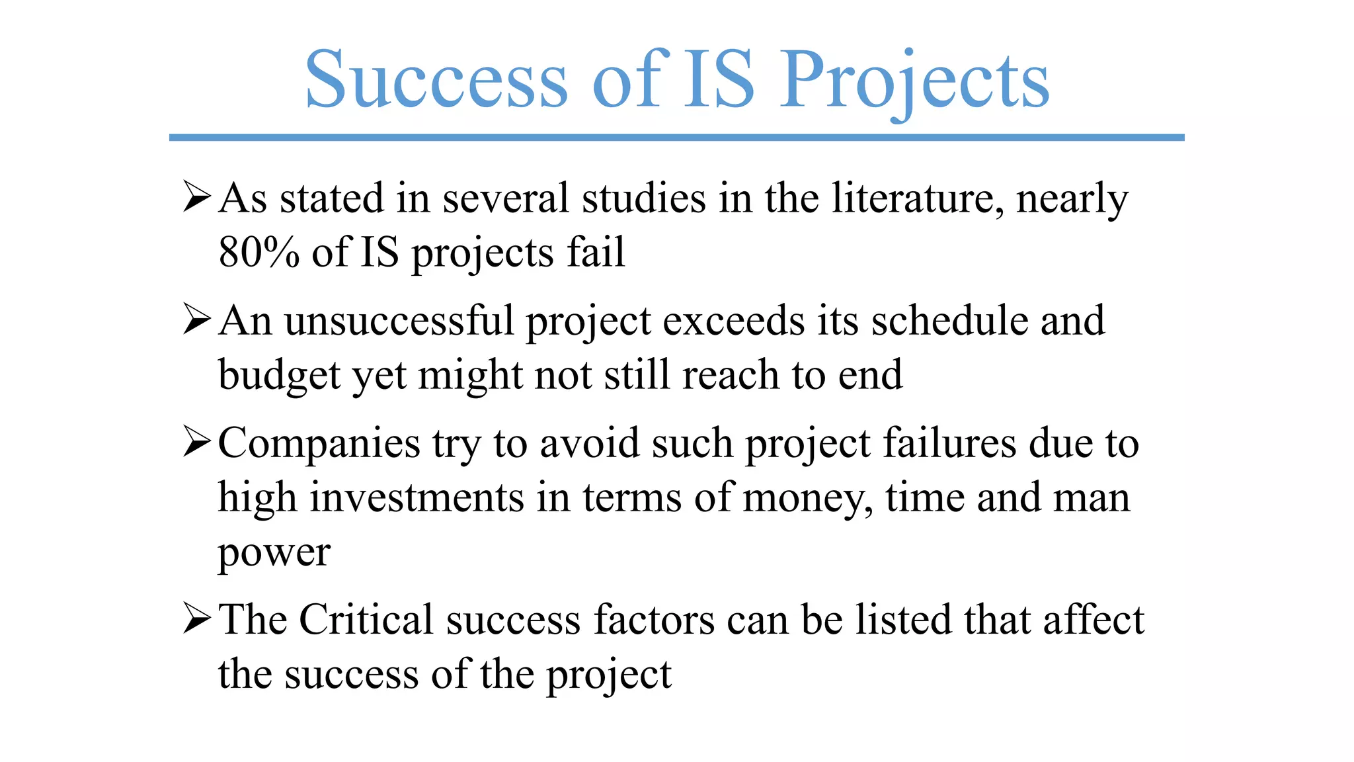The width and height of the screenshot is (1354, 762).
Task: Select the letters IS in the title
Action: [x=718, y=81]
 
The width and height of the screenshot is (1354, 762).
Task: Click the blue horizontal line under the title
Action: [x=676, y=138]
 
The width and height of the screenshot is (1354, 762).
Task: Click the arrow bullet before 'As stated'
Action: [x=197, y=197]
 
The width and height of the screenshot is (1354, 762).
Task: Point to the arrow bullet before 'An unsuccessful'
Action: [x=197, y=319]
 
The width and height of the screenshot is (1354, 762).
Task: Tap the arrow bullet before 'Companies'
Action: [x=197, y=442]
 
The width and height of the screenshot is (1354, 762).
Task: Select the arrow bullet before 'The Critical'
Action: [x=197, y=618]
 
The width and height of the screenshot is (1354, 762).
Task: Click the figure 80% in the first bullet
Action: [x=259, y=252]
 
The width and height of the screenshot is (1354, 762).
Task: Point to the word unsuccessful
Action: [x=399, y=321]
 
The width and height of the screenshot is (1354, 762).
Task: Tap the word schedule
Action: [x=949, y=321]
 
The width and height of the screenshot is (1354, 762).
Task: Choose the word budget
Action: [x=278, y=376]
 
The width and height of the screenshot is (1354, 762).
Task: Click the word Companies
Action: [x=319, y=443]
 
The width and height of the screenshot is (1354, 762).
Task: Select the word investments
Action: [x=417, y=497]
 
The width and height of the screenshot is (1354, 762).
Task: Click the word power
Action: [x=274, y=553]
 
